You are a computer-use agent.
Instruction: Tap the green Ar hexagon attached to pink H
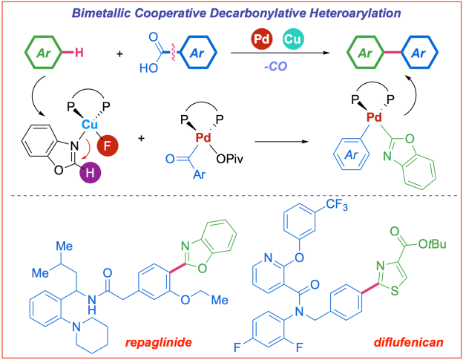(x=46, y=53)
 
